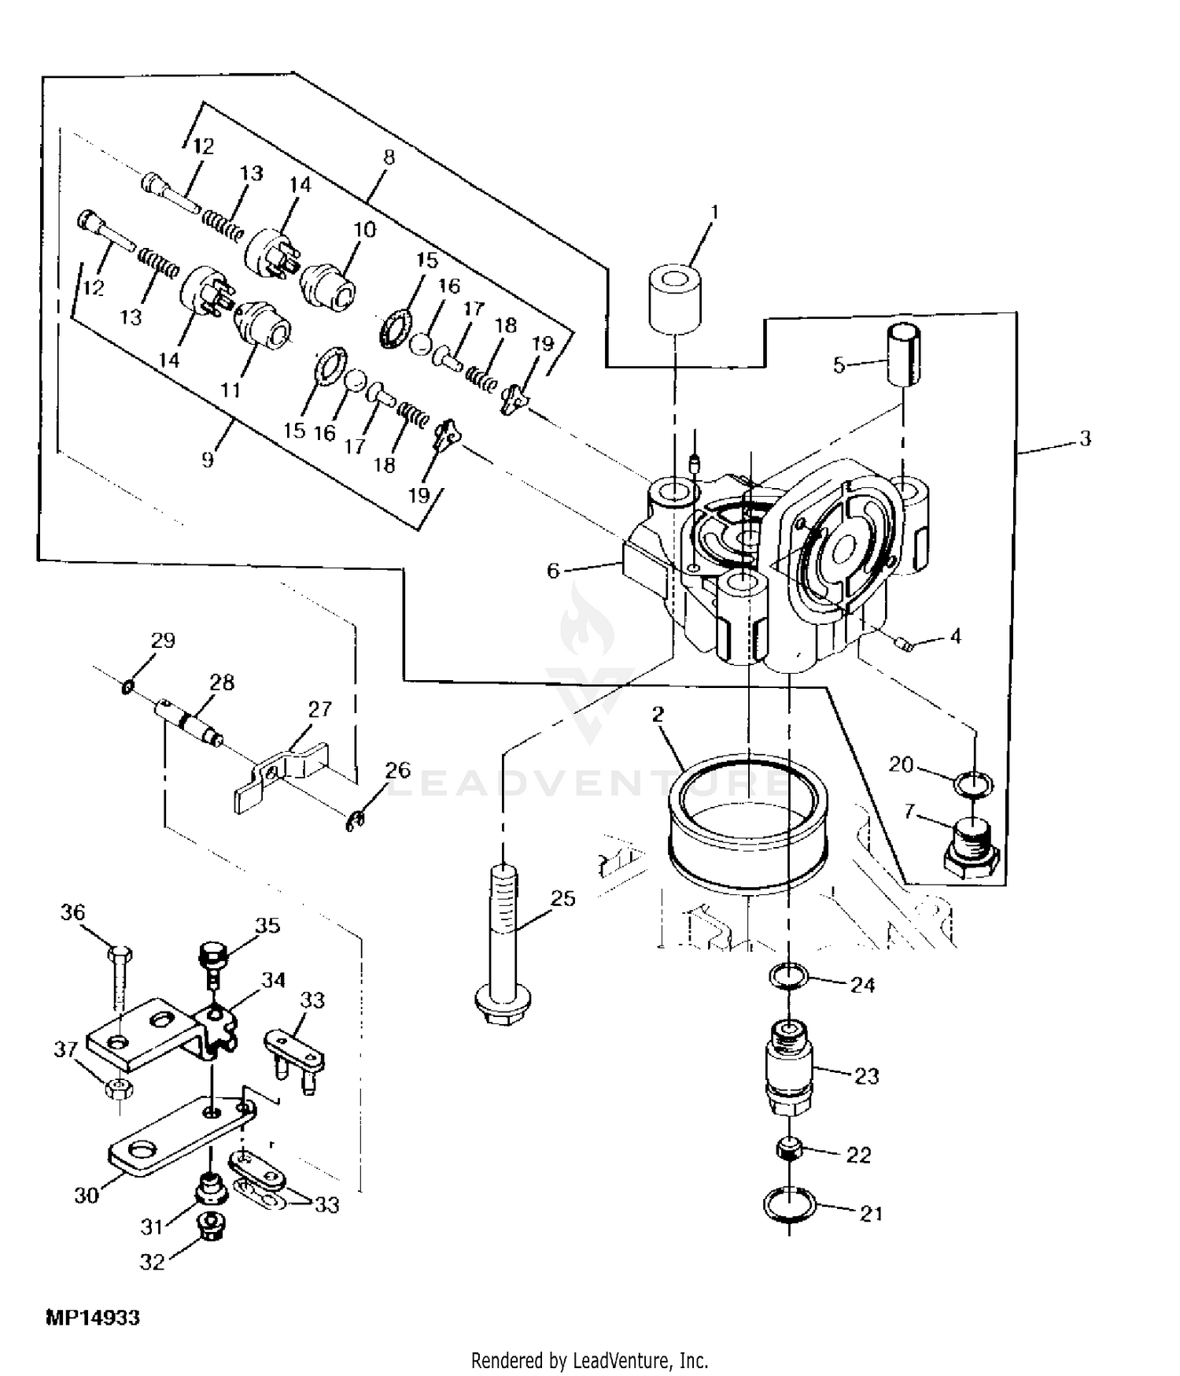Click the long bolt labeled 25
point(502,945)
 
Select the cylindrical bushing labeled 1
point(675,298)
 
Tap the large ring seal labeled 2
point(747,826)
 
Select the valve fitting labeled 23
point(789,1067)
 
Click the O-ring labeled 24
point(789,977)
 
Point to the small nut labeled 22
point(789,1149)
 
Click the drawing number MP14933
point(92,1318)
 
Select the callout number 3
point(1085,438)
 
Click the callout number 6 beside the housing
point(553,570)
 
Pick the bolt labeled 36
point(118,977)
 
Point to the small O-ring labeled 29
point(127,690)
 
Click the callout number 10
point(364,230)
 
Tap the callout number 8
point(388,157)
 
